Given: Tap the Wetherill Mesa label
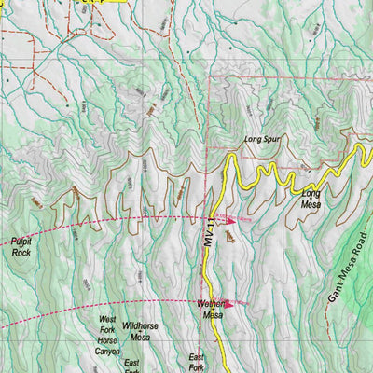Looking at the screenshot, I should (212, 309).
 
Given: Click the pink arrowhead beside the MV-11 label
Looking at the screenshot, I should (228, 221).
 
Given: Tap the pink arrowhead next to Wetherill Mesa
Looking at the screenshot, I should (230, 302).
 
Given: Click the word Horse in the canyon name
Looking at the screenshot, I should (109, 340).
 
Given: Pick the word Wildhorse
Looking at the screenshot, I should (141, 326).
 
